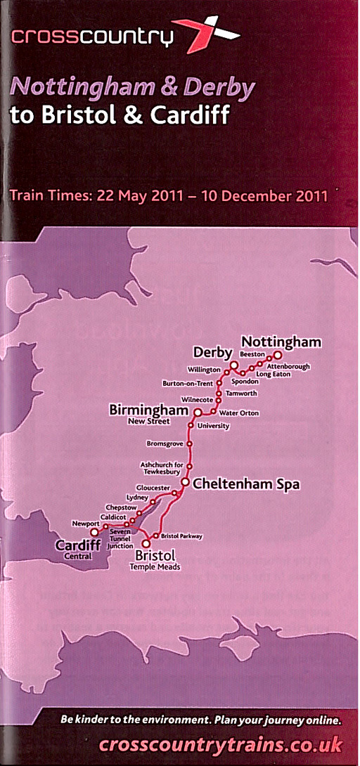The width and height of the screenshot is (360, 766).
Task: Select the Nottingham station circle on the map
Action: [277, 355]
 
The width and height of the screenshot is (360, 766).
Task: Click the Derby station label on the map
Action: [212, 351]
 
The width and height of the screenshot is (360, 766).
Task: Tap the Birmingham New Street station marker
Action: [198, 413]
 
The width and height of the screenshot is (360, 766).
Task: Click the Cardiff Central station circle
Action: [94, 532]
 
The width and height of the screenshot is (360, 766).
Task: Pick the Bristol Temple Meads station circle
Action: [146, 543]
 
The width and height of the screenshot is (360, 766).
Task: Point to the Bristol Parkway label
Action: [181, 536]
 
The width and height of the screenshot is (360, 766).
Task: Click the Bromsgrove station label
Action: [165, 443]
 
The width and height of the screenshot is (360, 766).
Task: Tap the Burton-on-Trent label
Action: [187, 384]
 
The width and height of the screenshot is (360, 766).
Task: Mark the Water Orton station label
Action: [239, 413]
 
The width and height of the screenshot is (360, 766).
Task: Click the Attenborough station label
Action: [288, 366]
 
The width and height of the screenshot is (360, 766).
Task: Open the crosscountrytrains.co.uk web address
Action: [221, 744]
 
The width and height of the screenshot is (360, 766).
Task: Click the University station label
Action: [214, 426]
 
